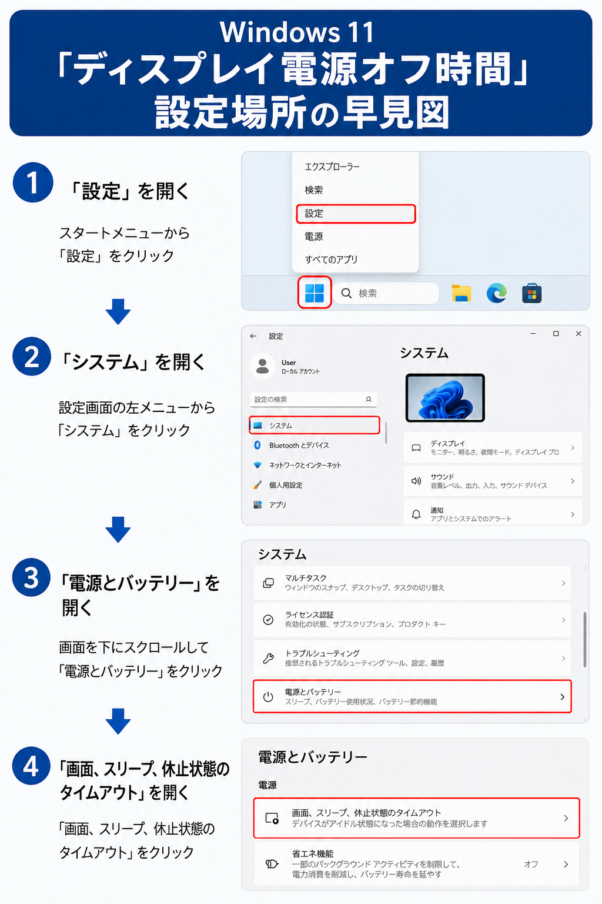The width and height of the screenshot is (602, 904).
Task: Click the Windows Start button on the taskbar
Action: click(x=315, y=293)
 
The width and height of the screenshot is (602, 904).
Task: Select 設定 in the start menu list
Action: click(x=314, y=214)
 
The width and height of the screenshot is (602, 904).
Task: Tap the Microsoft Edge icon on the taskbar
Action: click(x=496, y=293)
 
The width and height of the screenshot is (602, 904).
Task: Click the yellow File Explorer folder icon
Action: click(x=461, y=293)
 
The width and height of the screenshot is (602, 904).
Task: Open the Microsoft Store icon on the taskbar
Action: click(x=532, y=293)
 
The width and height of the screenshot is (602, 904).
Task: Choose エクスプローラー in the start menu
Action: click(x=332, y=167)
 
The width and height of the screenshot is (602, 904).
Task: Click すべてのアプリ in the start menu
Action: click(x=332, y=260)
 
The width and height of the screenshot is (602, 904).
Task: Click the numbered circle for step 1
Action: click(x=33, y=182)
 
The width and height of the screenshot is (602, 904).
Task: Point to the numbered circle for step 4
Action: click(x=31, y=766)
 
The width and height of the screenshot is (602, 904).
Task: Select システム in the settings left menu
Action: click(x=280, y=426)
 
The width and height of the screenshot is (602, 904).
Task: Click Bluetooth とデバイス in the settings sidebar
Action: click(x=299, y=445)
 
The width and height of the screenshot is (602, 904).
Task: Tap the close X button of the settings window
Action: click(x=578, y=334)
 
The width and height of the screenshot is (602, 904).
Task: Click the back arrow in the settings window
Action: click(x=253, y=336)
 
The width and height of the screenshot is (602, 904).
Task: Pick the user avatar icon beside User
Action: click(x=262, y=367)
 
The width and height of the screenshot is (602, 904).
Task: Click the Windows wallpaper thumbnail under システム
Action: click(x=445, y=398)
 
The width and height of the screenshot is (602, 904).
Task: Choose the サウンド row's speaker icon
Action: click(x=416, y=481)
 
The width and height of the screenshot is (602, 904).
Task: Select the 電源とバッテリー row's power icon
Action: click(x=268, y=697)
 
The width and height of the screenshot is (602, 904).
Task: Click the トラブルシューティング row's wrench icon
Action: click(x=268, y=658)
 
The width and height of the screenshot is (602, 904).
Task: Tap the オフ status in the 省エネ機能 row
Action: click(x=531, y=864)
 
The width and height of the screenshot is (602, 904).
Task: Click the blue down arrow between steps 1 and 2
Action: click(x=118, y=311)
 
